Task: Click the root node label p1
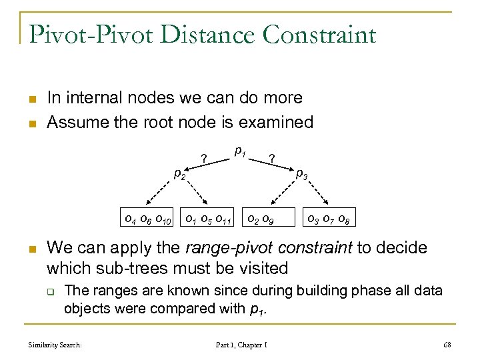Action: [x=241, y=153]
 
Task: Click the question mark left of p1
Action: [x=203, y=159]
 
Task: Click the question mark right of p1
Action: [x=271, y=159]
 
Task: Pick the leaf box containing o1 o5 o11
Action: [x=208, y=217]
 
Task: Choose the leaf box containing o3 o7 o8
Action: [x=327, y=217]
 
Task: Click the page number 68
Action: [x=446, y=345]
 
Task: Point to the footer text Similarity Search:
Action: [x=55, y=345]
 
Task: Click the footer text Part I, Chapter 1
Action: [x=241, y=345]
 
